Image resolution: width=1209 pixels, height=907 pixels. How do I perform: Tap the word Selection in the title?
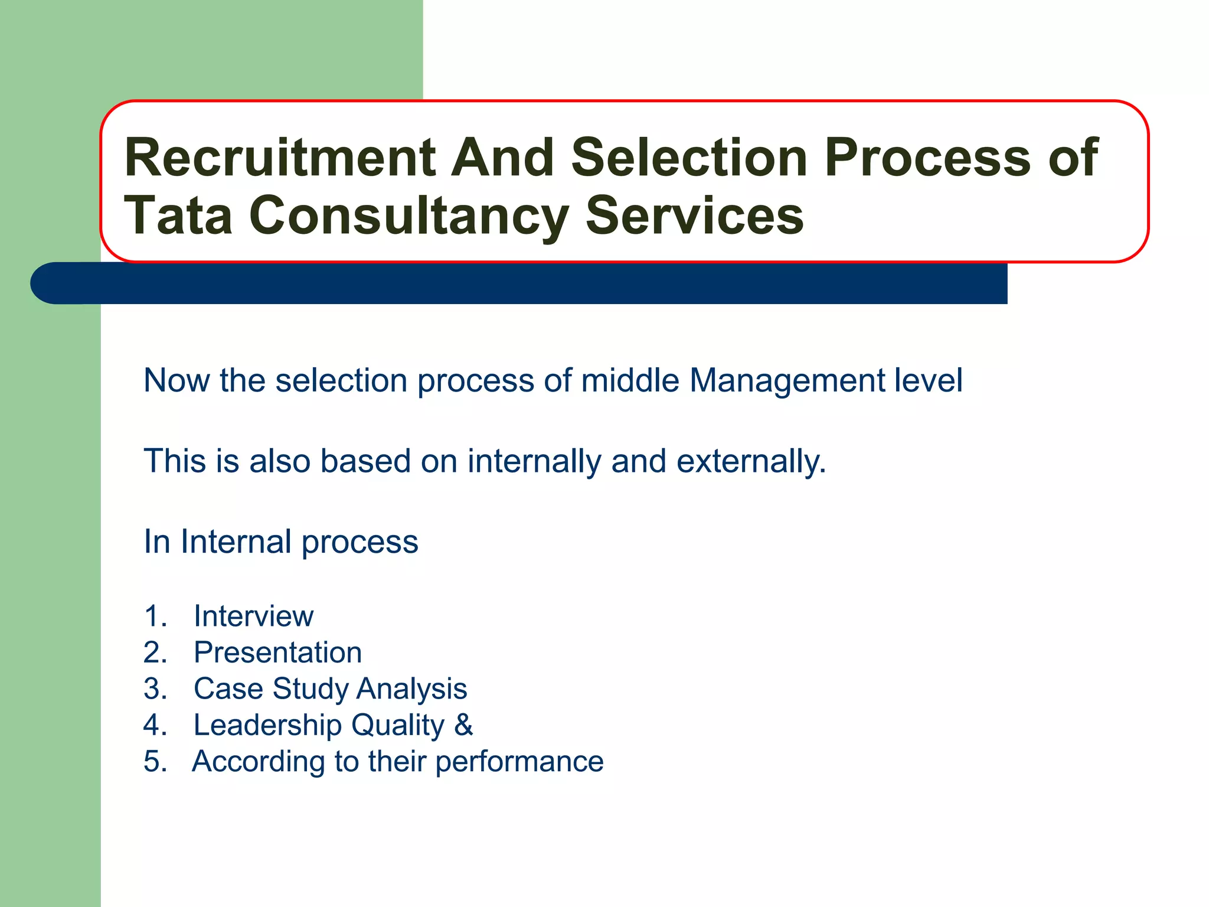[x=689, y=158]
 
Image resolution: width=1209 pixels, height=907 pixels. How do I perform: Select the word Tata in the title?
[x=178, y=216]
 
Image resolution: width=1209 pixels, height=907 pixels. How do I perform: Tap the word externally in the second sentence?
[x=750, y=461]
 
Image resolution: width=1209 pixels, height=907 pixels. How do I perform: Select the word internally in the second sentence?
[x=534, y=461]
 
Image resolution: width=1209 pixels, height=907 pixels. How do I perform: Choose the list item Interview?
[x=253, y=616]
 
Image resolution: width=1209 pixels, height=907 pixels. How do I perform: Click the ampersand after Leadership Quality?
[x=463, y=725]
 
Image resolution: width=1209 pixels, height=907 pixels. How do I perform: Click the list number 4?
[x=155, y=726]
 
